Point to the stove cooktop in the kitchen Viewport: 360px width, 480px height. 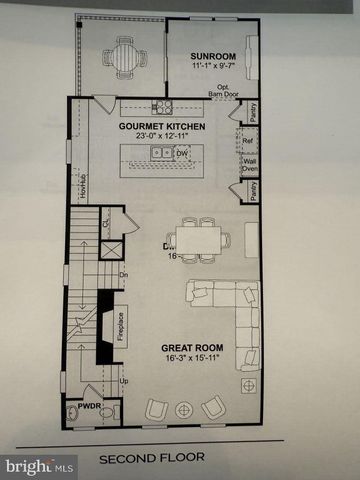click(x=162, y=106)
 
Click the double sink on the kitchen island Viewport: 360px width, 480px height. click(x=161, y=153)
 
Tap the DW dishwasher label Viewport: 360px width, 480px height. click(x=181, y=154)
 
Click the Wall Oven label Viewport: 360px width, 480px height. click(x=250, y=163)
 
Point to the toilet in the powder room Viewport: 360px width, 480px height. click(x=73, y=412)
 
